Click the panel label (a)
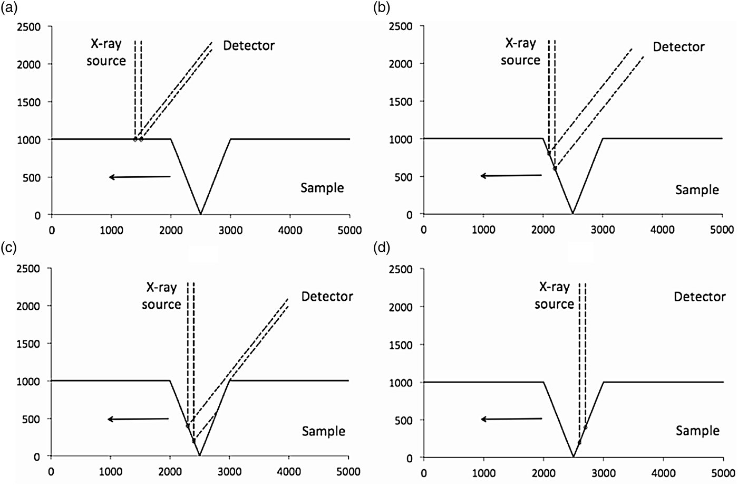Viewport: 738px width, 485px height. pos(9,8)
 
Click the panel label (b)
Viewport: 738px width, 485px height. pos(382,8)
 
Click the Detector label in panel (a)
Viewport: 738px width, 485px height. pos(248,46)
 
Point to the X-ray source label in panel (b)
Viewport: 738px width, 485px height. pos(520,52)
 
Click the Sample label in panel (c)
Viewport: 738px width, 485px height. pos(323,431)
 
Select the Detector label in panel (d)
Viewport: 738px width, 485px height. pos(700,297)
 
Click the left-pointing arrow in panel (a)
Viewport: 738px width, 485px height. pos(140,177)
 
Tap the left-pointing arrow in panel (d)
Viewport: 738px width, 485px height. pos(511,419)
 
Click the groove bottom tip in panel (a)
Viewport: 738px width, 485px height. pos(200,214)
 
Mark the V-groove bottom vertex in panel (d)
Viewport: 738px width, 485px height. pos(573,457)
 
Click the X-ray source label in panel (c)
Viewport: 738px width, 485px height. pos(162,296)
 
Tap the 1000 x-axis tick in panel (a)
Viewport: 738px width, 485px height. pos(111,230)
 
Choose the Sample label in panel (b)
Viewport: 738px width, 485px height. pos(697,189)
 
